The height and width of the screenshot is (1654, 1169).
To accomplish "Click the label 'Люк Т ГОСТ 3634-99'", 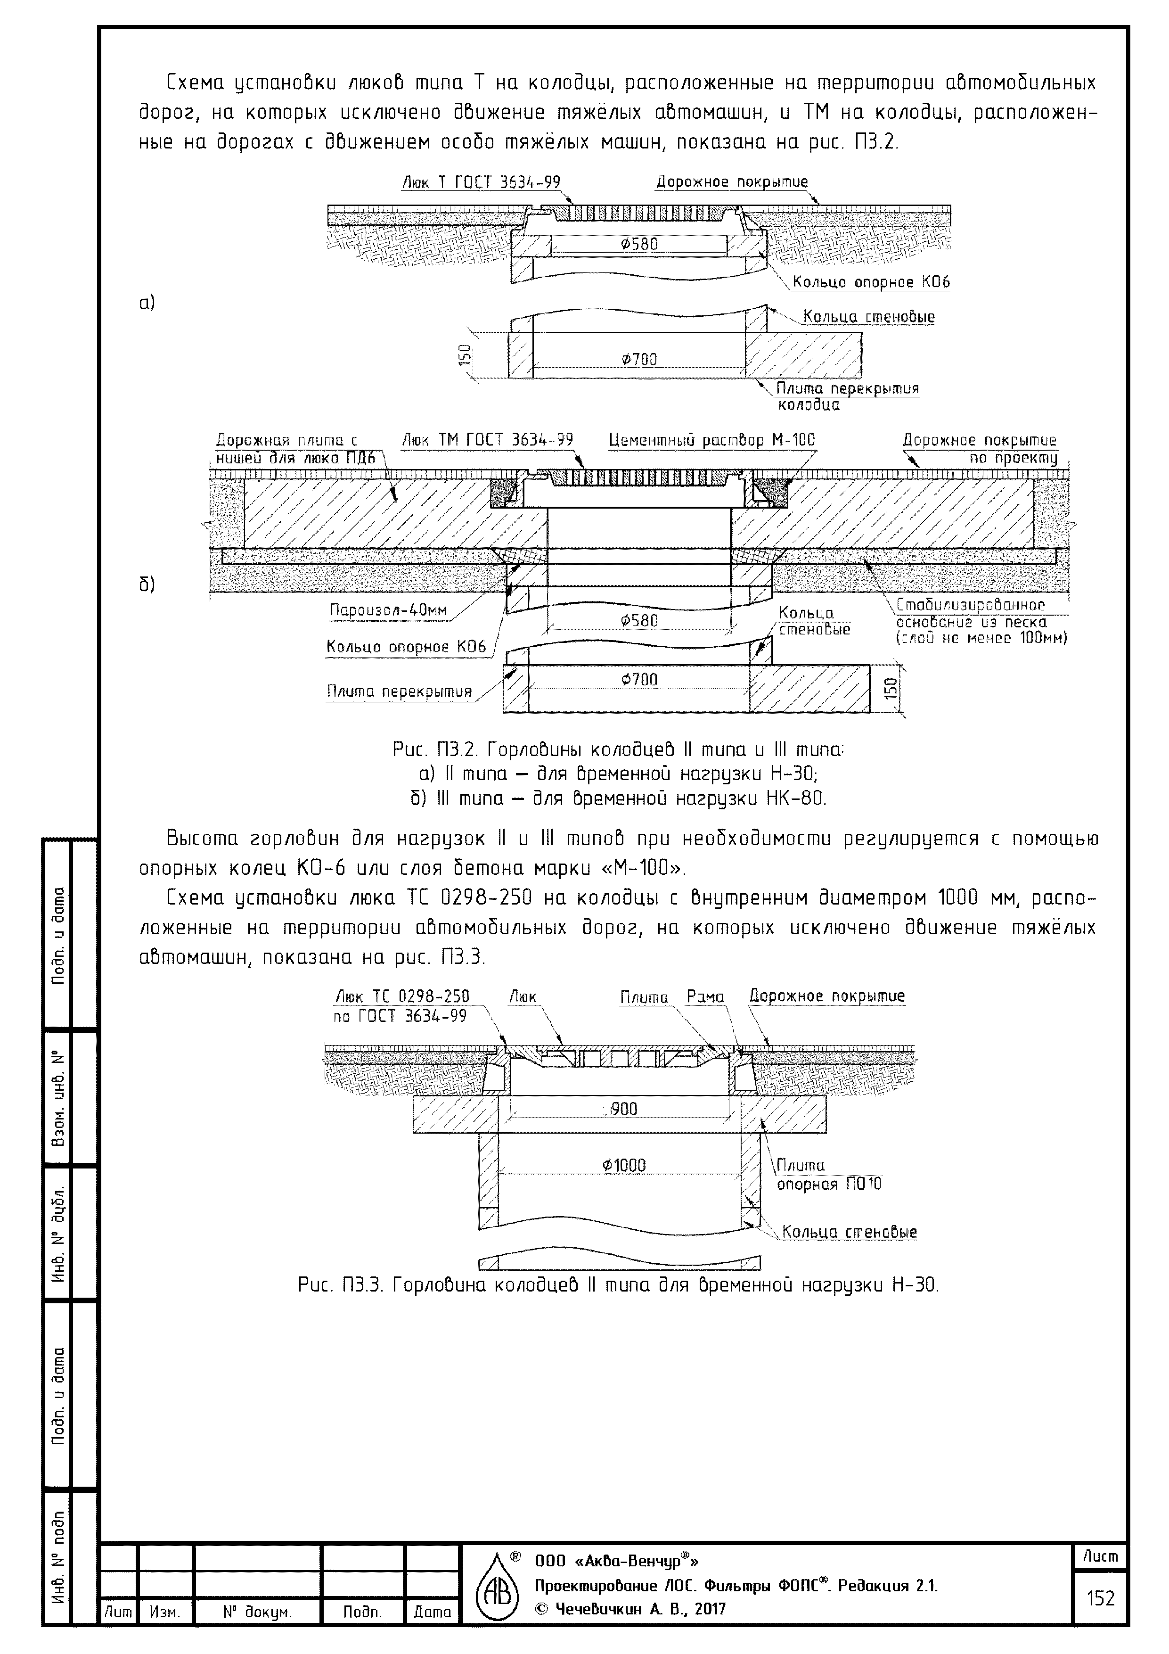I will (x=481, y=182).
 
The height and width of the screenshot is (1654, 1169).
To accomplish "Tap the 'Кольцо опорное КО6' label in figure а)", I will (x=871, y=282).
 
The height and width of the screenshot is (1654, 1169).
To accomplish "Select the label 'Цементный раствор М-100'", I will (x=711, y=439).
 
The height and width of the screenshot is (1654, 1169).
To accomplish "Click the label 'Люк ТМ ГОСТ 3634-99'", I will (x=487, y=439).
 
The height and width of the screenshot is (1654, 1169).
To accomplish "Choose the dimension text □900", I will (x=621, y=1109).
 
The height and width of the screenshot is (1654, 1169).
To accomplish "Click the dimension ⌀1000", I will (x=624, y=1165).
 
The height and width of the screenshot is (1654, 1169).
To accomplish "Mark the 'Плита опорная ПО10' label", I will (x=828, y=1175).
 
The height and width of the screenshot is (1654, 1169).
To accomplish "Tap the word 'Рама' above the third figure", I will (x=705, y=996).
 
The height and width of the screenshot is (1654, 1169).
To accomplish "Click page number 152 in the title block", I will (x=1100, y=1598).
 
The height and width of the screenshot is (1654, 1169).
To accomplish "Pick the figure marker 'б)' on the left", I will (x=147, y=584).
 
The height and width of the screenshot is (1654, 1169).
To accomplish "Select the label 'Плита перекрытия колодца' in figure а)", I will (x=847, y=396).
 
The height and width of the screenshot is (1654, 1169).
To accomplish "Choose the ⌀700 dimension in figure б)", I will (x=639, y=679).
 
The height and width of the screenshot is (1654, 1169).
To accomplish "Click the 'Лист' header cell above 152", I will (x=1100, y=1557).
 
